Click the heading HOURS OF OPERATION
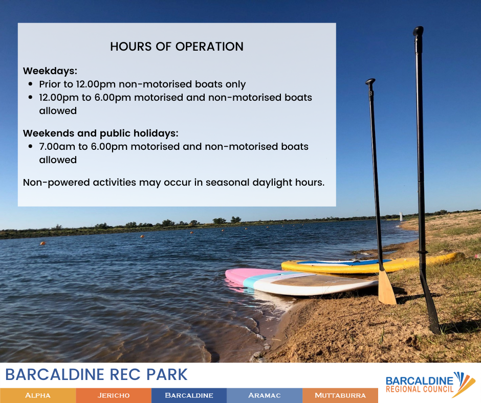click(x=177, y=47)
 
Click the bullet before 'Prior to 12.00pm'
click(x=30, y=84)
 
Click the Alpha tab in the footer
click(x=38, y=395)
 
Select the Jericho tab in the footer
click(x=114, y=395)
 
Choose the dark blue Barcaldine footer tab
click(x=189, y=395)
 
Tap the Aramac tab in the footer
click(x=265, y=395)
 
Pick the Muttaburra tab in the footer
click(x=340, y=395)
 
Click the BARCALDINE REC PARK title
click(x=96, y=374)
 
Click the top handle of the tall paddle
click(x=418, y=32)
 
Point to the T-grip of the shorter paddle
click(x=370, y=82)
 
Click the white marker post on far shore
click(x=401, y=216)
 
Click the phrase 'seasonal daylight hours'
click(x=265, y=183)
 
